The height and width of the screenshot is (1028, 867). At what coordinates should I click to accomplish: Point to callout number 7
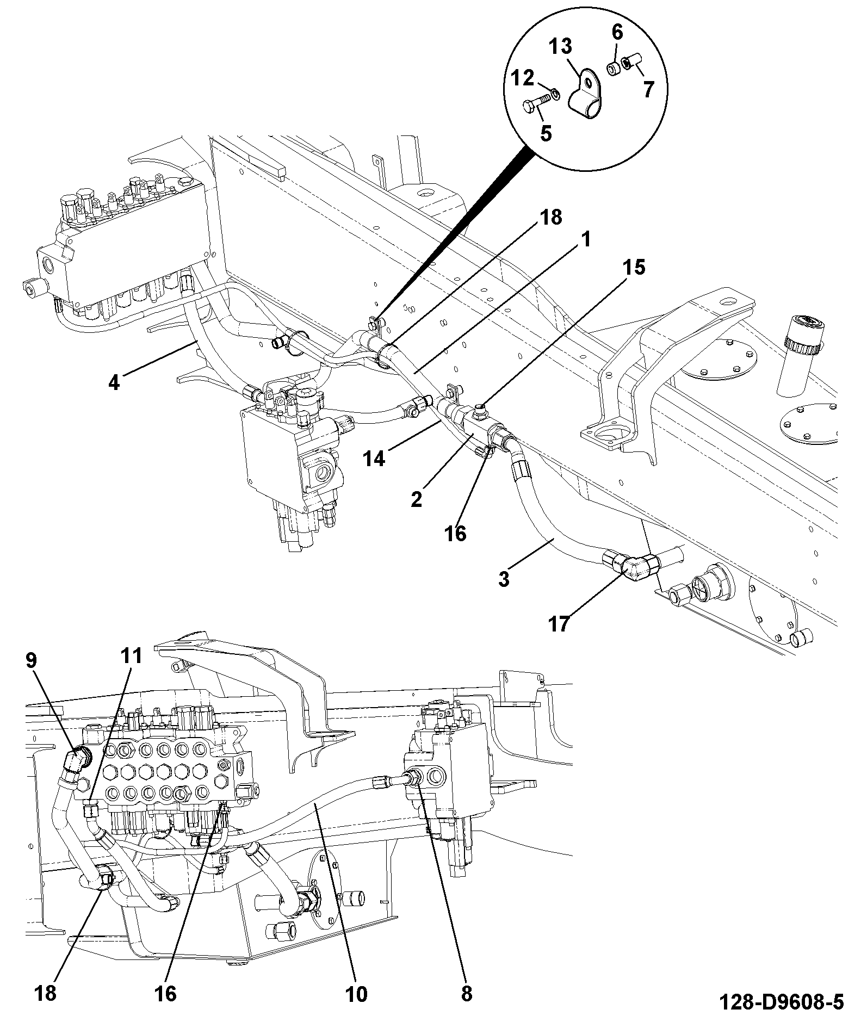point(647,89)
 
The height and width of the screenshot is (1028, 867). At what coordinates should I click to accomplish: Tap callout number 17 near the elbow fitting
point(559,623)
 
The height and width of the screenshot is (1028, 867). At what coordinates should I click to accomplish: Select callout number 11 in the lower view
point(131,655)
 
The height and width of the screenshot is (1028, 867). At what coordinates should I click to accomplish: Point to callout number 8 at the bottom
point(467,994)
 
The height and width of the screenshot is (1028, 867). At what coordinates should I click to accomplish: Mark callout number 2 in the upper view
point(417,499)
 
